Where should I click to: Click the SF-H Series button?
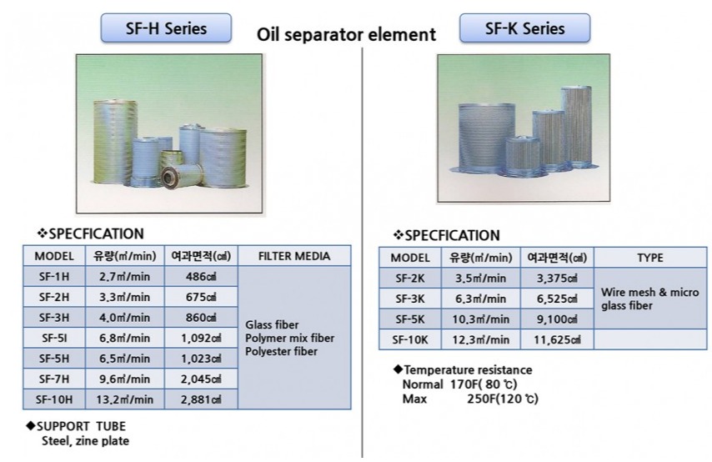(166, 28)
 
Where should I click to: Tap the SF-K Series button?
(524, 28)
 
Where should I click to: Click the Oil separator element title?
(346, 34)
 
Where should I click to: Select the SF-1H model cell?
(54, 276)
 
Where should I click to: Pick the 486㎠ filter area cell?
(201, 276)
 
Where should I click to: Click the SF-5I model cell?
(54, 338)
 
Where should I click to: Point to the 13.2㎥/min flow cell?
(125, 399)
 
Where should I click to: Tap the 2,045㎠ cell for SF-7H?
(201, 379)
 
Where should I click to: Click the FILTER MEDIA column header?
(294, 256)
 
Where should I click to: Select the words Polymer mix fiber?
(289, 338)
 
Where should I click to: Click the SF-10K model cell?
(409, 339)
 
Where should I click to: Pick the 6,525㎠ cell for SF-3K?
(557, 299)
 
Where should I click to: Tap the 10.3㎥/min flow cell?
(481, 319)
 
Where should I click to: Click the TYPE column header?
(650, 258)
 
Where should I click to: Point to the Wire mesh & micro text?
(649, 292)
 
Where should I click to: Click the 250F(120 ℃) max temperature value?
(503, 399)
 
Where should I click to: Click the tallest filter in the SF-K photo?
(577, 125)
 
